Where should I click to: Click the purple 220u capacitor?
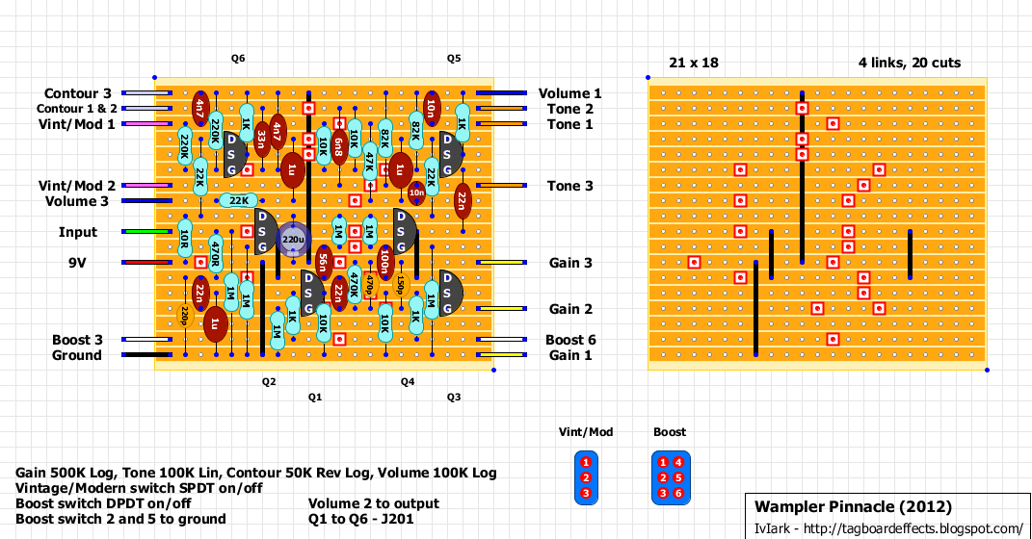[x=293, y=239]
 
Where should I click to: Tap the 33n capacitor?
[x=261, y=146]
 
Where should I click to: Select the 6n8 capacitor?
[x=338, y=145]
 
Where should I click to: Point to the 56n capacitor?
[x=324, y=262]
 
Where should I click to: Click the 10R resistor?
[x=184, y=239]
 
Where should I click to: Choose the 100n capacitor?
[x=384, y=262]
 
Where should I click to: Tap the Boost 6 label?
[x=569, y=340]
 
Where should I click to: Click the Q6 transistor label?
[x=238, y=59]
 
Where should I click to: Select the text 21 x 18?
[x=693, y=63]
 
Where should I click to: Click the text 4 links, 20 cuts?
[x=910, y=63]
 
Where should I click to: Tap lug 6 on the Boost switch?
[x=678, y=493]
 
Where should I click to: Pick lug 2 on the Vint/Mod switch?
[x=586, y=477]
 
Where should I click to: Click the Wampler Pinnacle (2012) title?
[x=853, y=506]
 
